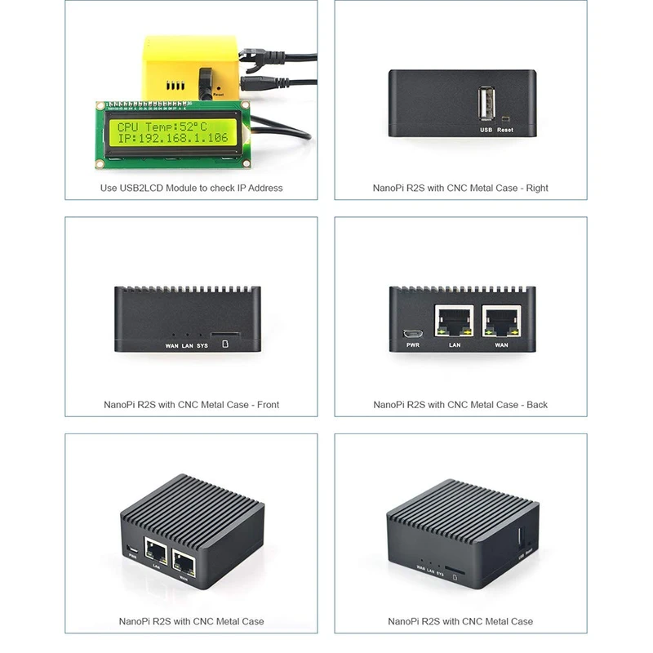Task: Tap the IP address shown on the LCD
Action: [173, 140]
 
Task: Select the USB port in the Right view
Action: [486, 105]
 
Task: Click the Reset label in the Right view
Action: [505, 130]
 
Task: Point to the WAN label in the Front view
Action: [171, 345]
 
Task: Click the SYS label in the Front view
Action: [202, 345]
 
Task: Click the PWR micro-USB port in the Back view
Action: [412, 334]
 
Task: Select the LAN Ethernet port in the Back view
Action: [455, 322]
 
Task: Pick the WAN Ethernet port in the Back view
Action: [501, 322]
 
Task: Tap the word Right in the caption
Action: [537, 188]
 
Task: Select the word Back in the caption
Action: [537, 404]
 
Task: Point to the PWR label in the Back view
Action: [412, 346]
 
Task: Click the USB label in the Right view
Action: [486, 130]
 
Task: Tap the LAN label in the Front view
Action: [187, 345]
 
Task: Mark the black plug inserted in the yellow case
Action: [205, 81]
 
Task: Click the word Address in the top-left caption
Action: [265, 188]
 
